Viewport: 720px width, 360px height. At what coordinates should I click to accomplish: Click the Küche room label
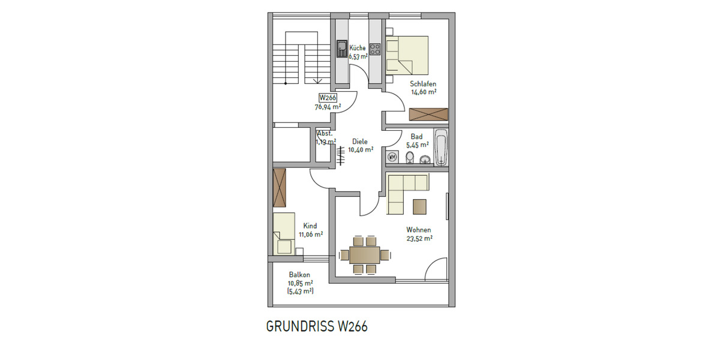tap(358, 47)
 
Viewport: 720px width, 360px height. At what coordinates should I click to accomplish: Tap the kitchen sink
tap(341, 49)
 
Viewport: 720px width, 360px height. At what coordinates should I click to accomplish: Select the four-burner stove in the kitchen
tap(376, 49)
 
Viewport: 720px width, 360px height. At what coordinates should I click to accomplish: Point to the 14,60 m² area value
tap(423, 92)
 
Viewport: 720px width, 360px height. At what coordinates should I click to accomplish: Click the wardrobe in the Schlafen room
tap(428, 115)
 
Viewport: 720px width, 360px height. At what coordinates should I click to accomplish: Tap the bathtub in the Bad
tap(441, 147)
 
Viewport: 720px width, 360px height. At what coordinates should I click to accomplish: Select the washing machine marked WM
tap(393, 157)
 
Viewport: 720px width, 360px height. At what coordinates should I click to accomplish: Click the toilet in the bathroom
tap(410, 157)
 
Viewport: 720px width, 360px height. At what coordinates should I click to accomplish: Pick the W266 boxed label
tap(327, 98)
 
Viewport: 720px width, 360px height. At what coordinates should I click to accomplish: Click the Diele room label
tap(359, 142)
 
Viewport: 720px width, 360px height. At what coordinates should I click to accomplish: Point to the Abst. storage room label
tap(325, 133)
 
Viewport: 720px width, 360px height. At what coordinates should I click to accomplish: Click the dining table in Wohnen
tap(365, 254)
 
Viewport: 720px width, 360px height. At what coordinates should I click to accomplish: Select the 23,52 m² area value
tap(419, 238)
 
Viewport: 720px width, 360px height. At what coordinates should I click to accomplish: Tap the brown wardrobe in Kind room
tap(280, 188)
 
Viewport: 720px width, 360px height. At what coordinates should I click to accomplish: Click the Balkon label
tap(299, 275)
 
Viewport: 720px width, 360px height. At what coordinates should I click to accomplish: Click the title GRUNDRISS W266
tap(316, 327)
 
